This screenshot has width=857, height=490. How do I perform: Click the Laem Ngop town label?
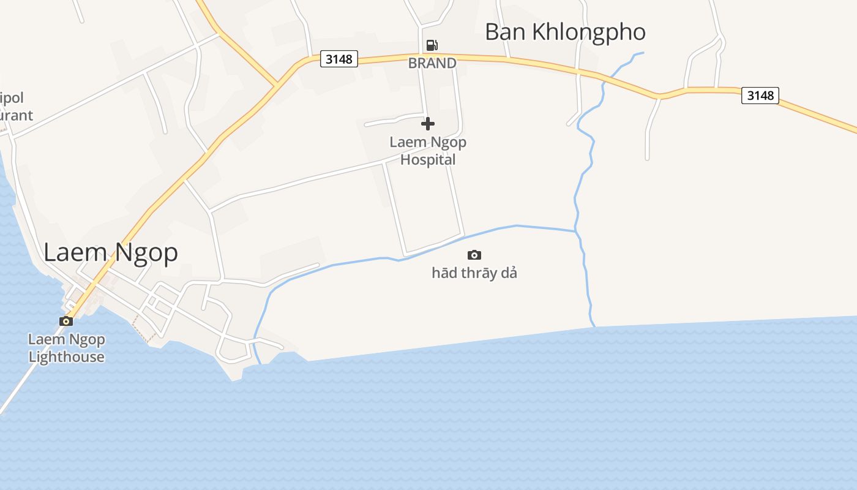[111, 252]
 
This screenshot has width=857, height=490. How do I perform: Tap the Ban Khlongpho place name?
[565, 32]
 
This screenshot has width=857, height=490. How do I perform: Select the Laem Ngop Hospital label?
[428, 151]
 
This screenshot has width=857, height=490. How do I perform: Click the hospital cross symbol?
[428, 124]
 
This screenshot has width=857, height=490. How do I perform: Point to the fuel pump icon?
[432, 45]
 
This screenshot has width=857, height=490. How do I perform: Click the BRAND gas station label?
[432, 63]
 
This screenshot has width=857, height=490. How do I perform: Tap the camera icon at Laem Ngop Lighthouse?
[66, 321]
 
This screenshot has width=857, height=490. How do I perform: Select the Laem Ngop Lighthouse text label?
[66, 348]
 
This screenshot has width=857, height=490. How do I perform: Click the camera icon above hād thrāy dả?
[474, 255]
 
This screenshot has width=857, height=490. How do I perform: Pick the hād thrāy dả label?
[474, 273]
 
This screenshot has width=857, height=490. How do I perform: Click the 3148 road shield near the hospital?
[339, 59]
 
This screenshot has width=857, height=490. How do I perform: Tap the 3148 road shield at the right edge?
[760, 96]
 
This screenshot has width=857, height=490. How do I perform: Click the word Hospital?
[428, 160]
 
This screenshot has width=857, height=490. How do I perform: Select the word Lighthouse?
[66, 357]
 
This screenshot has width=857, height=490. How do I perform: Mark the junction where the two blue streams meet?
[575, 231]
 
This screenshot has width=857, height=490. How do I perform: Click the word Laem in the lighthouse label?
[43, 339]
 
